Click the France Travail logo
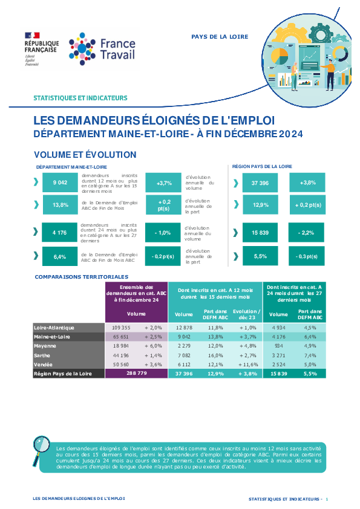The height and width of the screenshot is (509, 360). pos(102,49)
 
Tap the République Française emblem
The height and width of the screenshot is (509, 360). pos(42,49)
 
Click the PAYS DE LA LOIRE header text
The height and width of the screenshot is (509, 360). pos(220,37)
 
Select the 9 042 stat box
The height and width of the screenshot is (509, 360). pos(60,183)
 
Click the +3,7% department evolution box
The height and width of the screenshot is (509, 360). pos(163,183)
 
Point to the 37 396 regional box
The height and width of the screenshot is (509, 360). pos(260,183)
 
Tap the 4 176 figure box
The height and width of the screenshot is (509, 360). pos(59,232)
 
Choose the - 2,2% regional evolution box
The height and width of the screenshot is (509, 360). pos(306,232)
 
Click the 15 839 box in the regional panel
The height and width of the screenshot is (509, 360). pos(260,232)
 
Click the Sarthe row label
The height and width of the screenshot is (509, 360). pos(42,355)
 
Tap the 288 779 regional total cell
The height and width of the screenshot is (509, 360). pos(137,374)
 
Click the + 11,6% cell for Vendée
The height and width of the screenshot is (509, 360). pos(248,365)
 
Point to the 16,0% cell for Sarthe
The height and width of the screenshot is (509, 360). pos(215,355)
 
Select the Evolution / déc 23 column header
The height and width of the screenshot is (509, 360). pos(247,314)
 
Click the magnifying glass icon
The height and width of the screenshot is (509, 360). pos(41,450)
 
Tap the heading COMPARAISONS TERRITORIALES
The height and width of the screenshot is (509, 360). pos(82,277)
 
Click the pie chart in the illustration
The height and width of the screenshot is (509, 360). pos(280,56)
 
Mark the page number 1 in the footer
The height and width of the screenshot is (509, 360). pos(327,499)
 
